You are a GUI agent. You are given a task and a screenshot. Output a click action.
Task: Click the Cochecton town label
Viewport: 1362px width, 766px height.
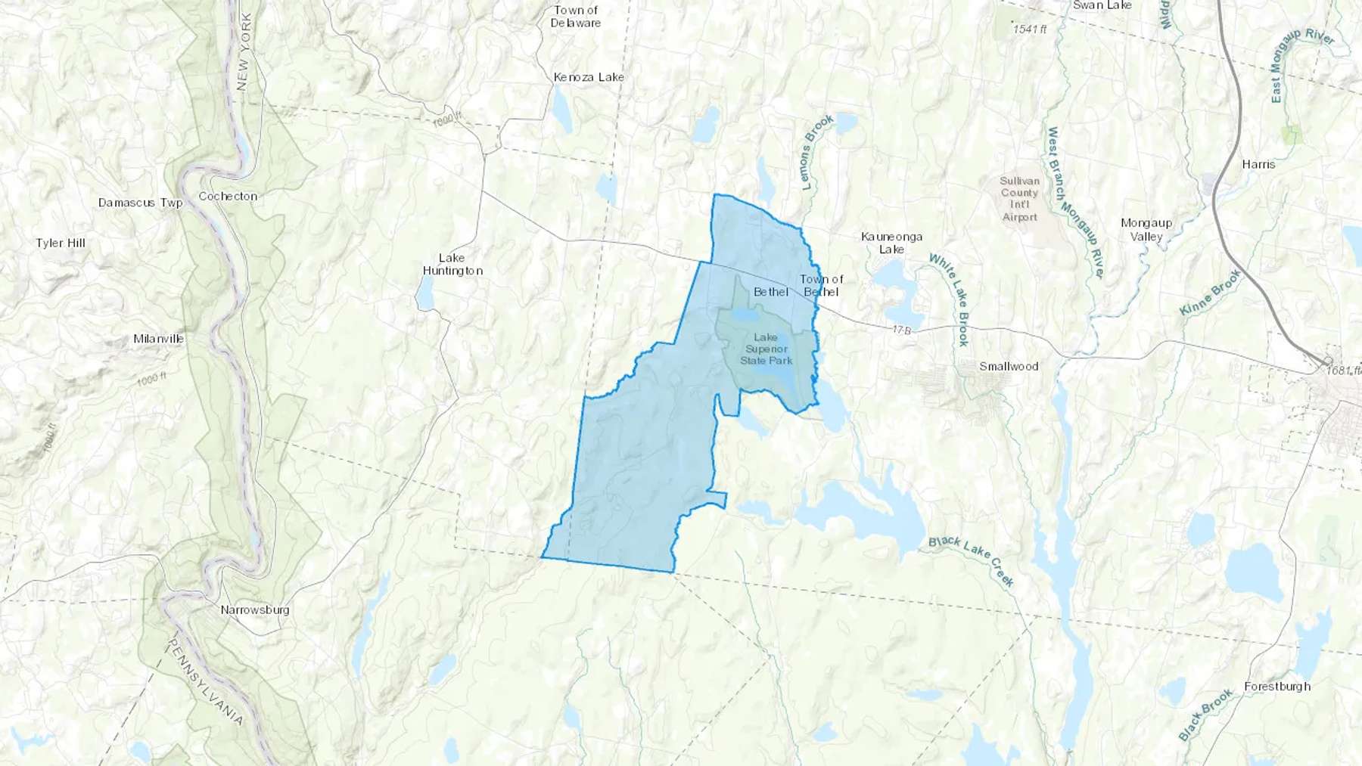[x=228, y=196]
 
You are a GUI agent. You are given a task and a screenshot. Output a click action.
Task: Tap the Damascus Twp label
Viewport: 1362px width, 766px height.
[x=140, y=203]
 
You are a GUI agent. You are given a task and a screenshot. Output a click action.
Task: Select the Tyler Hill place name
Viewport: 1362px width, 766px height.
[x=61, y=243]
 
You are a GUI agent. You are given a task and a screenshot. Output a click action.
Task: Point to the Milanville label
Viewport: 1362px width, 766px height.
[x=158, y=339]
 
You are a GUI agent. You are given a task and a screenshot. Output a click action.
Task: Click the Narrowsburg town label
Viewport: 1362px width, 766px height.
[x=255, y=609]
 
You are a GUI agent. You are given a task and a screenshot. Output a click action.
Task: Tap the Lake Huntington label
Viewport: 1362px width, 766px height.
[x=452, y=264]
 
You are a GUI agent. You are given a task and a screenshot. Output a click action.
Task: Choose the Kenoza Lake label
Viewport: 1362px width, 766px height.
[x=589, y=77]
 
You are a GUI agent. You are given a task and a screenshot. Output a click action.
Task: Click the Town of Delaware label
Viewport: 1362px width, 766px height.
[x=576, y=17]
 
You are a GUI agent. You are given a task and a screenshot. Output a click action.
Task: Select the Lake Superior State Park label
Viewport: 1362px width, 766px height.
[x=766, y=349]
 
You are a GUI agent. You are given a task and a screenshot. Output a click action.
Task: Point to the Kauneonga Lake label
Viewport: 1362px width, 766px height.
[x=891, y=243]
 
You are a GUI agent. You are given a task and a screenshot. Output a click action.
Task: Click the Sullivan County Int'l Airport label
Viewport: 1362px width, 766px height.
[x=1020, y=199]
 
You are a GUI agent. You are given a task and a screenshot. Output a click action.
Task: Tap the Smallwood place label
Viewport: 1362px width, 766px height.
[x=1009, y=366]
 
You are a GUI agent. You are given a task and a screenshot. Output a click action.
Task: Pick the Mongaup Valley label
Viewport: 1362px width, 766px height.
[x=1146, y=229]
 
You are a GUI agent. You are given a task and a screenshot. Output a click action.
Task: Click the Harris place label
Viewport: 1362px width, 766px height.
[x=1258, y=164]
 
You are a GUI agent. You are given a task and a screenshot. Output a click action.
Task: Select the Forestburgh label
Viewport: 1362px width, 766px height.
[x=1277, y=687]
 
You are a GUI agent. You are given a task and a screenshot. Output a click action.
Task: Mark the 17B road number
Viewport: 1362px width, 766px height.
[x=900, y=330]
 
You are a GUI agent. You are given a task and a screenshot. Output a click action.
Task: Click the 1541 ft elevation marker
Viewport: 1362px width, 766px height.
[x=1030, y=29]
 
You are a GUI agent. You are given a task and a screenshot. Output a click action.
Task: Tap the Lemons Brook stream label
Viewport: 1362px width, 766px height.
[x=816, y=152]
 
